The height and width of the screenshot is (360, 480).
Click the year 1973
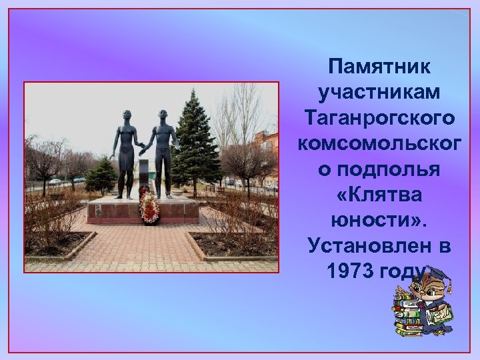[351, 270]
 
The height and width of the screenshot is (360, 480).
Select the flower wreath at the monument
[149, 207]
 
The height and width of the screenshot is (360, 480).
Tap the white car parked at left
[55, 181]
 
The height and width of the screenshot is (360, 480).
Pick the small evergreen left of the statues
[101, 175]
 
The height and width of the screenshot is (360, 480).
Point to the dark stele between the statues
[144, 175]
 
